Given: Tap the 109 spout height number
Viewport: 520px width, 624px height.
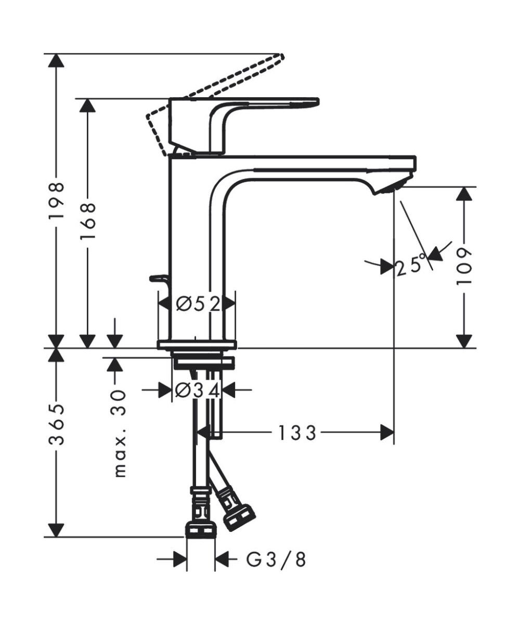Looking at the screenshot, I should (464, 265).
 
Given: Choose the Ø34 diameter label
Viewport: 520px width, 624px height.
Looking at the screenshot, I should (198, 389).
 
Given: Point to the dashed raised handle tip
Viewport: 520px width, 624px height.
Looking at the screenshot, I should (281, 56).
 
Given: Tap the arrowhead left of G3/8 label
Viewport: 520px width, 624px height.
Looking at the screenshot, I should (179, 560).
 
